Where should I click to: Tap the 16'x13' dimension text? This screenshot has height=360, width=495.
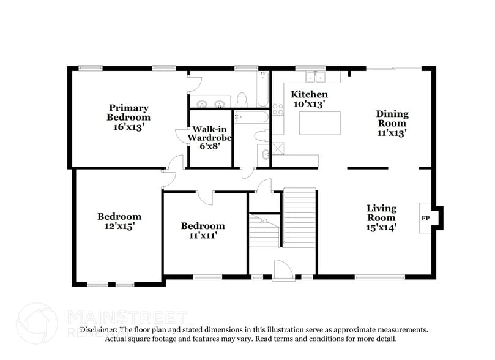pyautogui.click(x=128, y=127)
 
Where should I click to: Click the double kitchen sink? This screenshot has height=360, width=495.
pyautogui.click(x=314, y=77)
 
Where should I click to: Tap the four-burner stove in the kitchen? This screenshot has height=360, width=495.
pyautogui.click(x=278, y=110)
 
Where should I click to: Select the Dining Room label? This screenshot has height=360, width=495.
pyautogui.click(x=392, y=118)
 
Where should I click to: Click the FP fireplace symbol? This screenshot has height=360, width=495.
pyautogui.click(x=425, y=218)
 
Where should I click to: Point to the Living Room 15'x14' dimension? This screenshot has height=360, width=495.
pyautogui.click(x=381, y=227)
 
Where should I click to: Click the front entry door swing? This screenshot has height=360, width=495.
pyautogui.click(x=283, y=269)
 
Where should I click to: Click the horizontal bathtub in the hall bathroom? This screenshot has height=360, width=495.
pyautogui.click(x=251, y=116)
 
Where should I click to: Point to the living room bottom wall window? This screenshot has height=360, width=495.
pyautogui.click(x=379, y=277)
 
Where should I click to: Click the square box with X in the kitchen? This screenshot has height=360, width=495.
pyautogui.click(x=278, y=148)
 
